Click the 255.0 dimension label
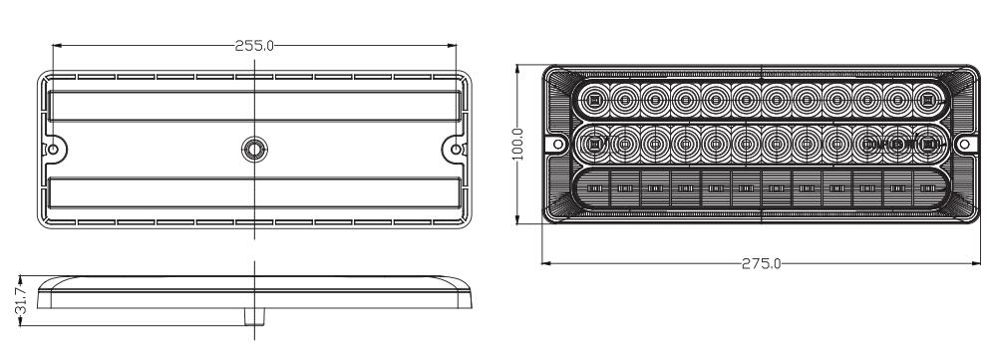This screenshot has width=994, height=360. pos(254,46)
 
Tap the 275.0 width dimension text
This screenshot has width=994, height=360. pos(761,263)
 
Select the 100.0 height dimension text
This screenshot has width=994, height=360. pos(517,144)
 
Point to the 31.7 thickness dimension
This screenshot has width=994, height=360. pos(21,300)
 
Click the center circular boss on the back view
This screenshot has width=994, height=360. pos(254,150)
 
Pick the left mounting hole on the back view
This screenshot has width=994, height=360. pos(53,150)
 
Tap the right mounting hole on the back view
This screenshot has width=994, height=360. pos(456,150)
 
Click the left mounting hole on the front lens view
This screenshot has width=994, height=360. pos(558,144)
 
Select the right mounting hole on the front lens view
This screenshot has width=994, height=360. pos(964,144)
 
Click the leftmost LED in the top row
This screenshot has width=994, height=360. pos(594,100)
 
